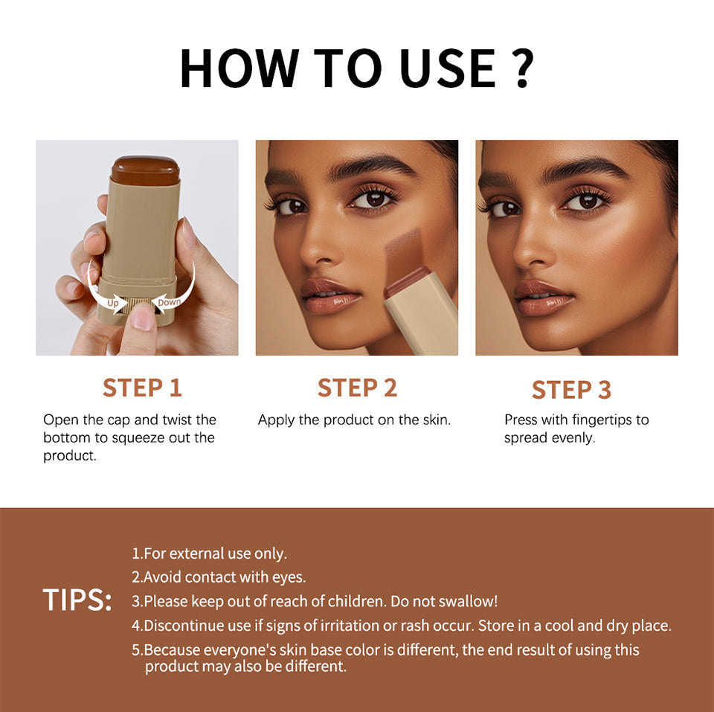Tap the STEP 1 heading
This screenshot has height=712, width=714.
pyautogui.click(x=142, y=388)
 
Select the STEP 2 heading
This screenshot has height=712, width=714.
pyautogui.click(x=357, y=388)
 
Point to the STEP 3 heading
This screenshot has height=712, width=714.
pyautogui.click(x=571, y=390)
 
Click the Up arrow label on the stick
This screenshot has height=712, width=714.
pyautogui.click(x=113, y=303)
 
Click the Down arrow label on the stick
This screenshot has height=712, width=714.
pyautogui.click(x=170, y=301)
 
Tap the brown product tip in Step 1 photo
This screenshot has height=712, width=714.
pyautogui.click(x=145, y=170)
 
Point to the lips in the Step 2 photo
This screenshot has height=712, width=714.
pyautogui.click(x=330, y=294)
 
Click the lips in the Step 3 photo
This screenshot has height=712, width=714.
pyautogui.click(x=544, y=297)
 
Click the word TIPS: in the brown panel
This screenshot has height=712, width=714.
pyautogui.click(x=77, y=600)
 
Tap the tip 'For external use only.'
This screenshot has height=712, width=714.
pyautogui.click(x=209, y=554)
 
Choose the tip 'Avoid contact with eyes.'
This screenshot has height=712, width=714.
pyautogui.click(x=219, y=577)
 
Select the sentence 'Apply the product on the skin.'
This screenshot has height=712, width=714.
pyautogui.click(x=354, y=420)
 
